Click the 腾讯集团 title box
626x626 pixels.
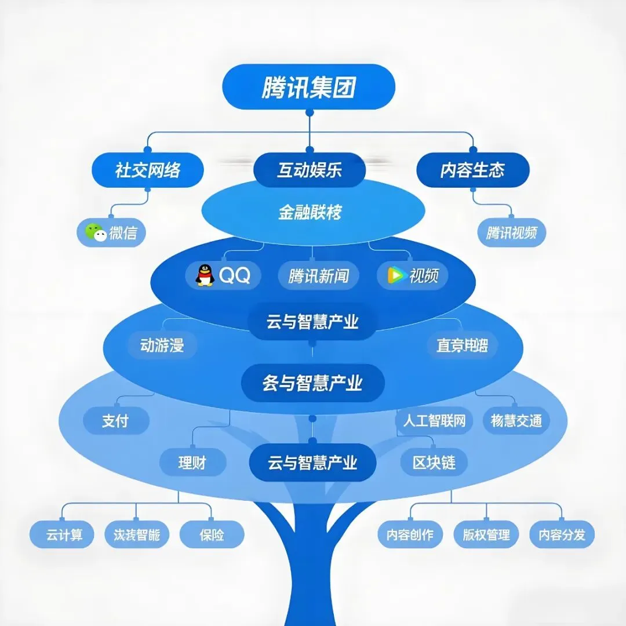308,87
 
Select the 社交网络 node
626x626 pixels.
148,170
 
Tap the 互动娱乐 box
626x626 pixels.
310,170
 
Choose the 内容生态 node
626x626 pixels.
472,170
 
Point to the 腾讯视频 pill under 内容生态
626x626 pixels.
511,233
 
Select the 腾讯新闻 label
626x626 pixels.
318,276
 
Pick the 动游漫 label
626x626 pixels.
162,346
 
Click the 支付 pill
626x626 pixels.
116,421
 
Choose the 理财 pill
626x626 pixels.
192,463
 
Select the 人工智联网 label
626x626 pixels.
434,420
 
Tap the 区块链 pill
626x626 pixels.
434,463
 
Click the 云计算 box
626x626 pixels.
64,534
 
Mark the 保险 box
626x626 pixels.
212,534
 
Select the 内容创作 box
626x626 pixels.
410,534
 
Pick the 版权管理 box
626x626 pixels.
486,534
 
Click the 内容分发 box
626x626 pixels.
562,534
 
